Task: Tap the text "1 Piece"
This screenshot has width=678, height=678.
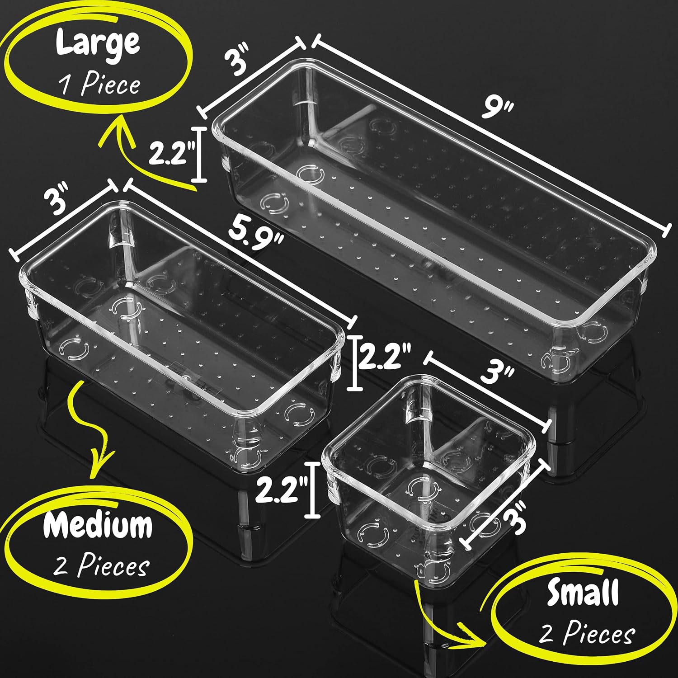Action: pos(100,85)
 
